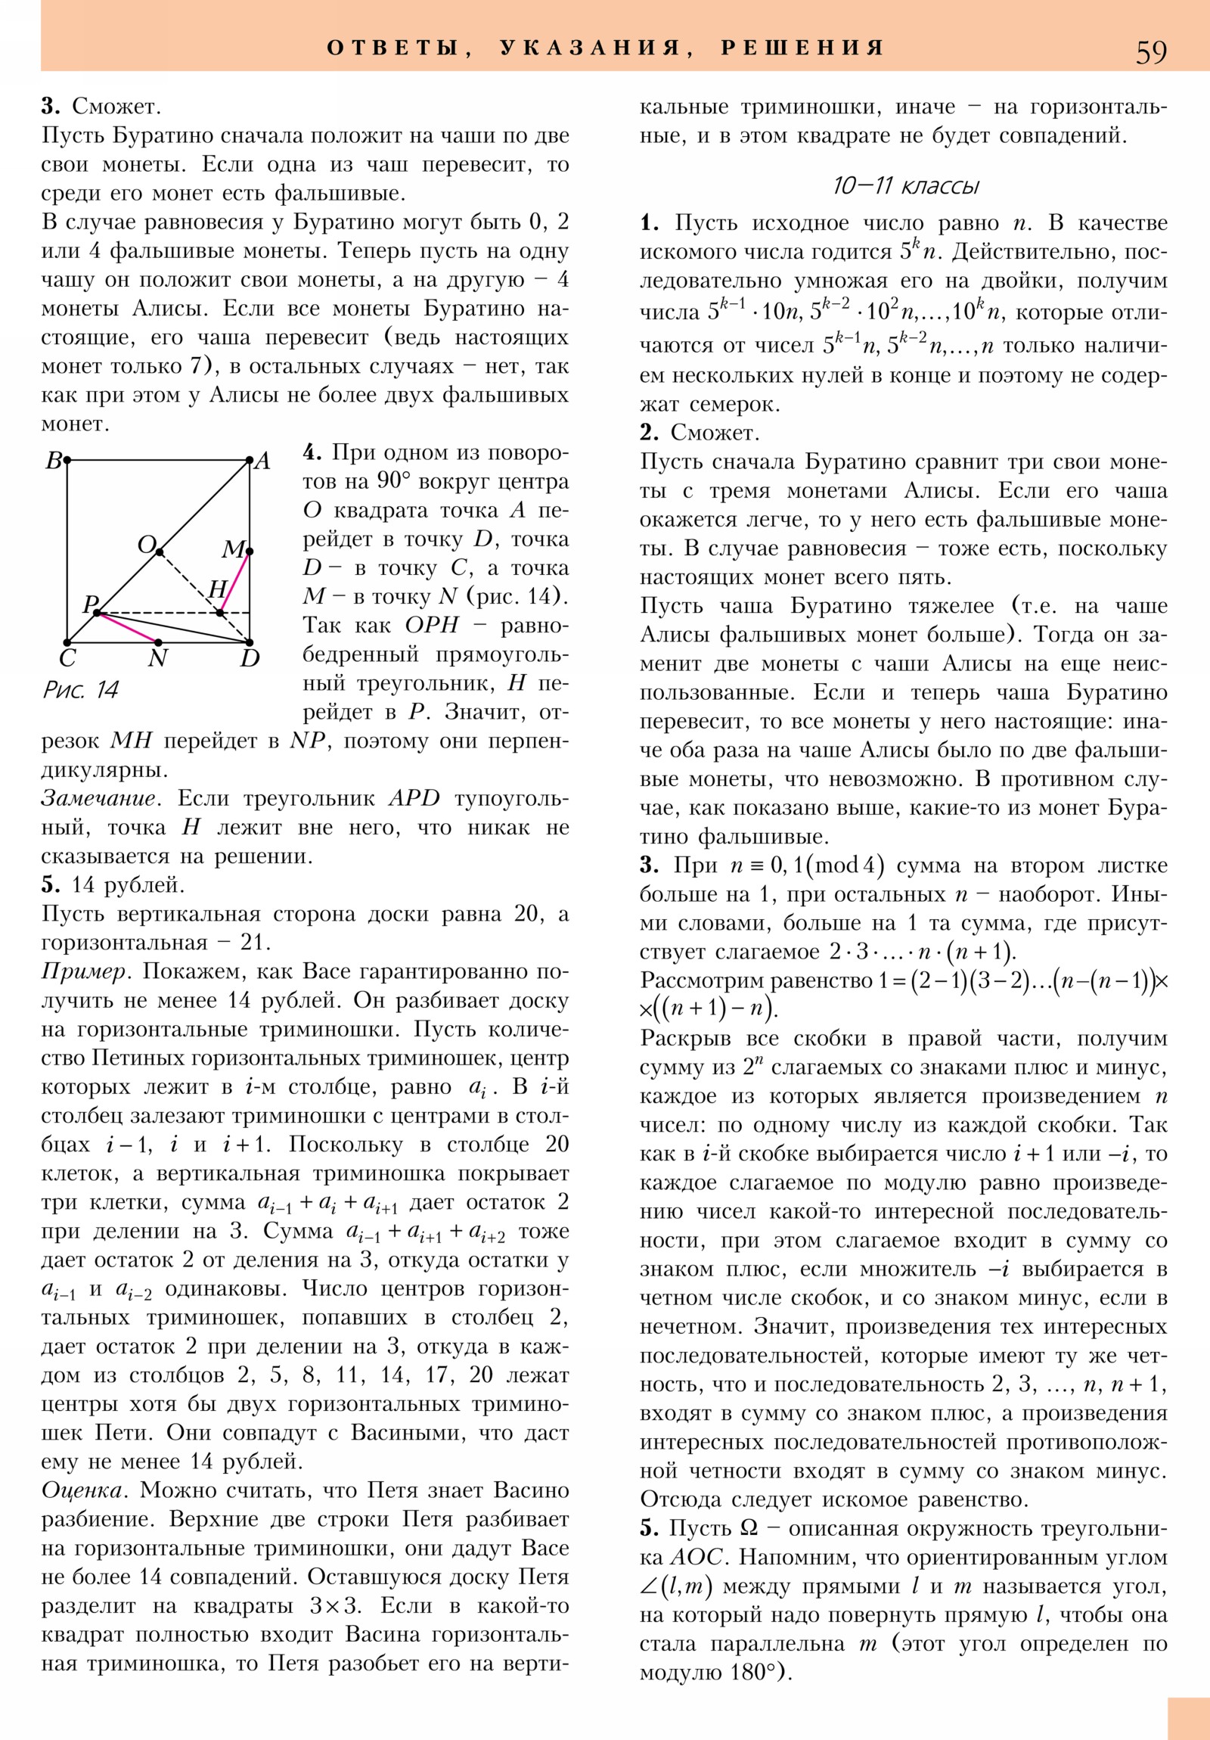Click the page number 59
pos(1150,51)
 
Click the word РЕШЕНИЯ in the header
pos(802,48)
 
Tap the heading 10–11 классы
pos(905,185)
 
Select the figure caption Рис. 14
pos(80,689)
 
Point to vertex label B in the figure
pos(54,461)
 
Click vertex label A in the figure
pos(262,461)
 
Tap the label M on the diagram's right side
pos(234,548)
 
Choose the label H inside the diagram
pos(218,589)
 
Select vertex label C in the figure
pos(67,658)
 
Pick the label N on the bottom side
pos(157,658)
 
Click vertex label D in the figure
pos(250,658)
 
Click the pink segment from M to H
pos(235,582)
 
